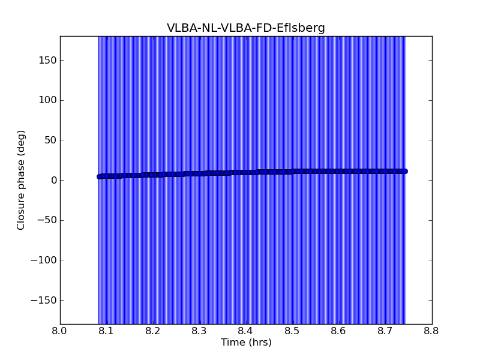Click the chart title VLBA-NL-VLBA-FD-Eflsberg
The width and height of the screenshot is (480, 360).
(x=246, y=28)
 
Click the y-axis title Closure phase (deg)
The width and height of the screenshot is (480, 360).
(x=21, y=180)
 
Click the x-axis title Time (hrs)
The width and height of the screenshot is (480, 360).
(x=246, y=343)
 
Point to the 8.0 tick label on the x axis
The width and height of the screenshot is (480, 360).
(x=60, y=331)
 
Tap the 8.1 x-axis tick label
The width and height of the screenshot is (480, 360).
(x=106, y=331)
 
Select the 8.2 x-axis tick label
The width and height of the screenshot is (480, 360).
(x=153, y=331)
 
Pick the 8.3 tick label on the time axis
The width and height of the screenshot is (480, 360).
(x=199, y=331)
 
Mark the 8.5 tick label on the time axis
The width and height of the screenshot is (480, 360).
(x=292, y=331)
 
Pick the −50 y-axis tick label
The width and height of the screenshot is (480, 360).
(x=46, y=220)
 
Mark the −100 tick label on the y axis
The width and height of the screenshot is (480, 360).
(x=43, y=260)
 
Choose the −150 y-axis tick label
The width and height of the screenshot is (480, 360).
(x=43, y=300)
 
